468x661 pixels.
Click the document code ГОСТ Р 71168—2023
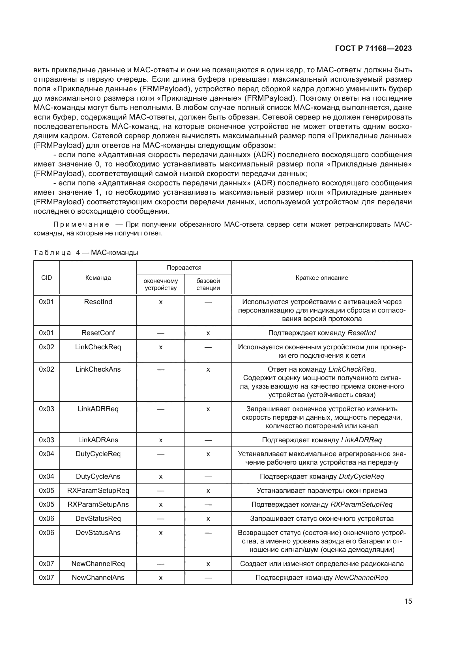[373, 48]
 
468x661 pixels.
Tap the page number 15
[408, 601]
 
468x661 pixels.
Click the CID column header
[46, 278]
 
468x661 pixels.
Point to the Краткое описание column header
[322, 278]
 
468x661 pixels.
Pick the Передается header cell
[184, 267]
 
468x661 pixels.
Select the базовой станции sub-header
[208, 284]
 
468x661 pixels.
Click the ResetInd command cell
[98, 302]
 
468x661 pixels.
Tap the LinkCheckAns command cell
[98, 369]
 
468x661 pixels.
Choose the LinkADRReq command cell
[98, 409]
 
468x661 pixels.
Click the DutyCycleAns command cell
[98, 476]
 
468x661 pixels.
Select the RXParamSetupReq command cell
[98, 490]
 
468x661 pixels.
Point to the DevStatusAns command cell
[98, 532]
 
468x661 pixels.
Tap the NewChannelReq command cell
[98, 564]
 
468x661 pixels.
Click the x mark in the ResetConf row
[208, 333]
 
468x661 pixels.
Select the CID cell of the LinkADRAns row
[46, 440]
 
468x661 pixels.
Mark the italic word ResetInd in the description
[361, 333]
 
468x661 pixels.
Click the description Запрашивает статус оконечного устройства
[322, 518]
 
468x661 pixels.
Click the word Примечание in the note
[81, 224]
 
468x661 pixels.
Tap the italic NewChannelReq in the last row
[361, 578]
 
